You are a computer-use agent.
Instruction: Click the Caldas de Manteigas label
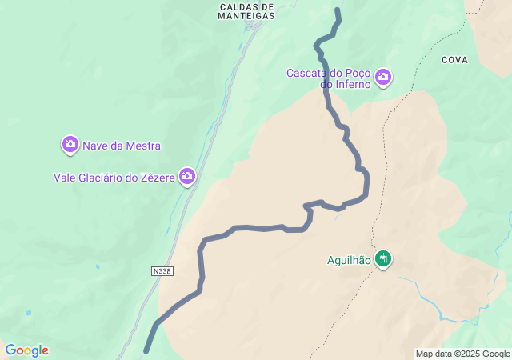pyautogui.click(x=246, y=10)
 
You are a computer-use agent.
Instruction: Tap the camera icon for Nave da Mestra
pyautogui.click(x=70, y=145)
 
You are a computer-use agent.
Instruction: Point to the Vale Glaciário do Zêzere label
pyautogui.click(x=114, y=177)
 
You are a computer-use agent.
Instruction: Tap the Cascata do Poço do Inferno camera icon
pyautogui.click(x=383, y=77)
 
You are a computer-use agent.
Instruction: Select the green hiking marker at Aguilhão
pyautogui.click(x=383, y=258)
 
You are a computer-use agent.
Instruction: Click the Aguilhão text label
pyautogui.click(x=349, y=259)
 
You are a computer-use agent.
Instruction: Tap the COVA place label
pyautogui.click(x=454, y=60)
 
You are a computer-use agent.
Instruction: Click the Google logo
pyautogui.click(x=26, y=350)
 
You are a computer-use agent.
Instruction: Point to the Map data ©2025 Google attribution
pyautogui.click(x=462, y=354)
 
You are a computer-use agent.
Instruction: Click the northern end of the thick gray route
pyautogui.click(x=338, y=10)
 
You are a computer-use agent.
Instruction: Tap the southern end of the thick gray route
pyautogui.click(x=146, y=350)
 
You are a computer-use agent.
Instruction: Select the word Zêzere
pyautogui.click(x=155, y=177)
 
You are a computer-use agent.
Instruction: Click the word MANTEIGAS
pyautogui.click(x=246, y=15)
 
